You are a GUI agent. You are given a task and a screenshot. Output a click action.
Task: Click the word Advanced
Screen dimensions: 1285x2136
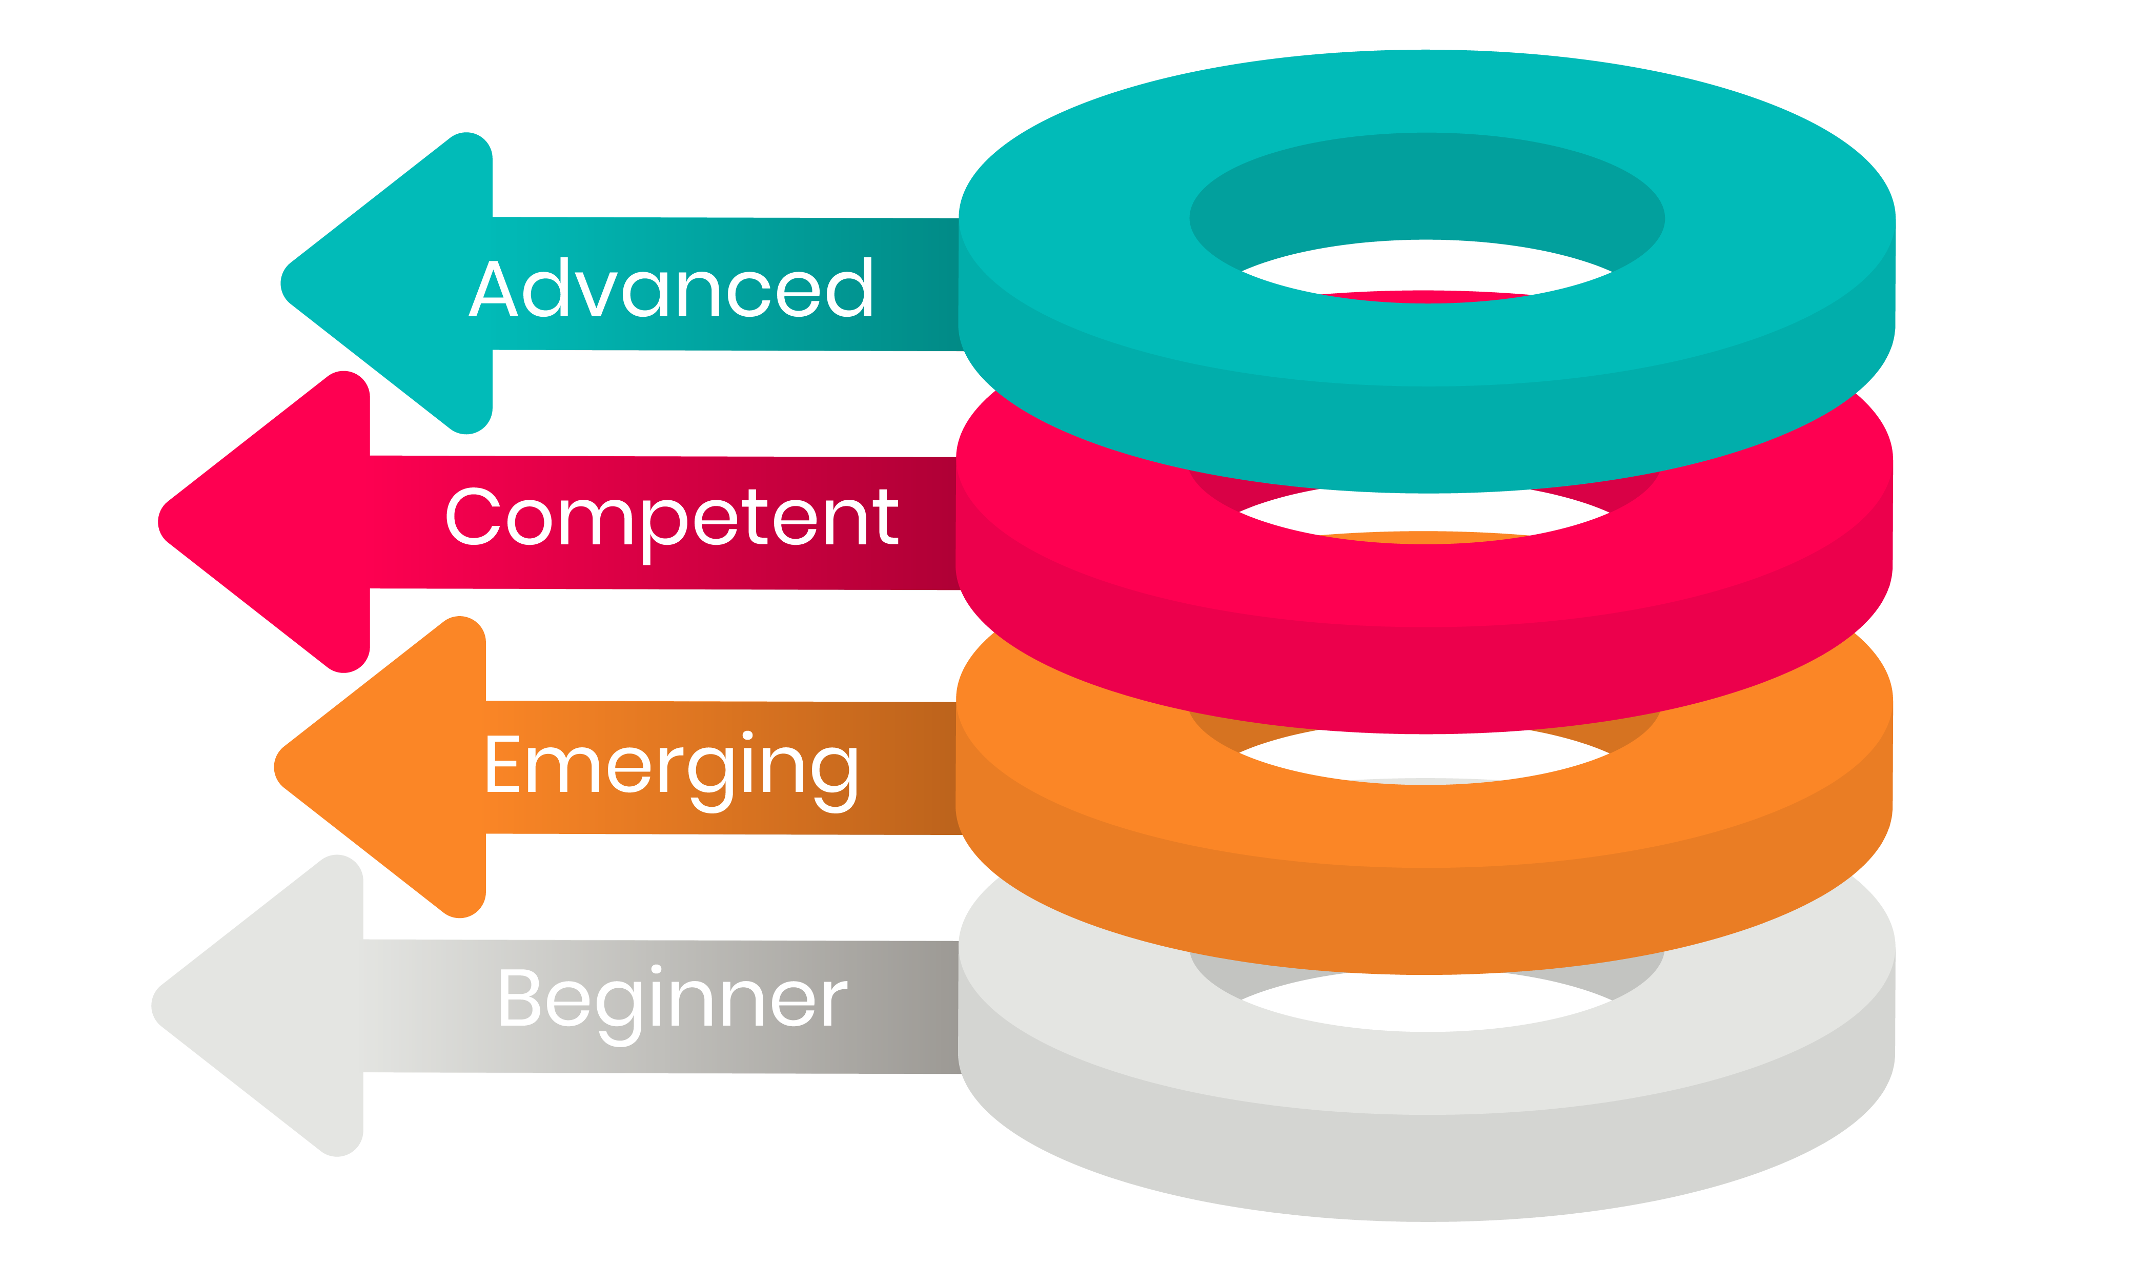coord(671,289)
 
